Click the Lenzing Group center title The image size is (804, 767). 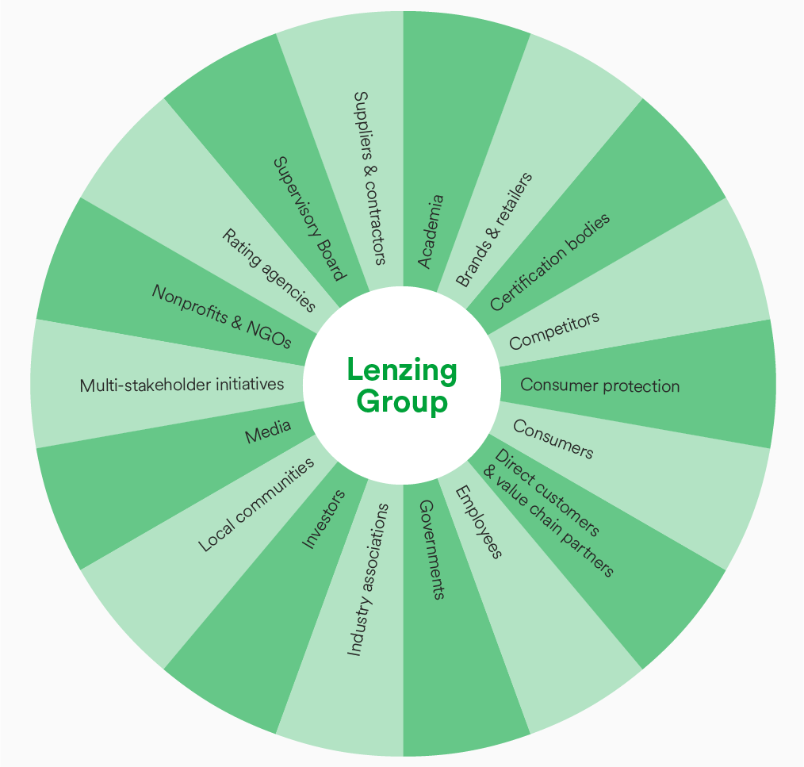coord(402,385)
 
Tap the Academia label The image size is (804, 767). coord(431,231)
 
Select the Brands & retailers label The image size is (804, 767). coord(494,229)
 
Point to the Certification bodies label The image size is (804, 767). coord(550,262)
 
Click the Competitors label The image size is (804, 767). coord(554,331)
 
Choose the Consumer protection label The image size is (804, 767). coord(600,386)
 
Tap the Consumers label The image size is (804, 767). coord(553,439)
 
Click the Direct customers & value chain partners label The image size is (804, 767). coord(549,512)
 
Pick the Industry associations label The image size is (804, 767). coord(369,580)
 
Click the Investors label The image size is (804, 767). coord(324,520)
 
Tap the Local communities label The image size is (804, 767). coord(256,504)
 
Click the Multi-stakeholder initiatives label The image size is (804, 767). coord(182,385)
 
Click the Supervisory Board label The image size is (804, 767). coord(309,218)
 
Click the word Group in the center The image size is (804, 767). coord(402,402)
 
